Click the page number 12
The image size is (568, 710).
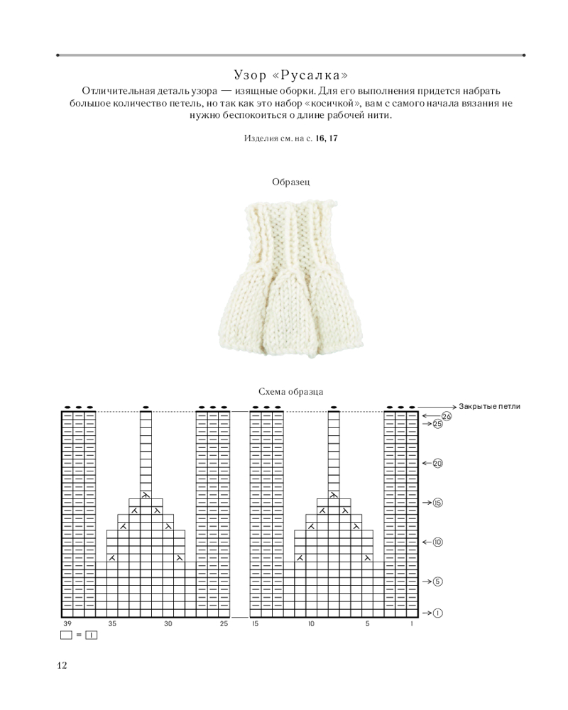point(61,665)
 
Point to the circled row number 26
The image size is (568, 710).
point(447,416)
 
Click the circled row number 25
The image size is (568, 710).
point(438,424)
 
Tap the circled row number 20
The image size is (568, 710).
point(438,463)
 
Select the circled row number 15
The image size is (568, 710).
point(438,503)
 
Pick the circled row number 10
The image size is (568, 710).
point(438,542)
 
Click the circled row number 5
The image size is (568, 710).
point(438,581)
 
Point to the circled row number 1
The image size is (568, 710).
point(438,613)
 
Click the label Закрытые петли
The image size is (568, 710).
point(489,406)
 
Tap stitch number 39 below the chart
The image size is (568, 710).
point(67,624)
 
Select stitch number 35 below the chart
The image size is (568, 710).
point(112,624)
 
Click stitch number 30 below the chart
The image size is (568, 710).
point(168,624)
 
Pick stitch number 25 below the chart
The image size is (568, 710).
point(224,624)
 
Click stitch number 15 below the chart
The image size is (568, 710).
point(255,624)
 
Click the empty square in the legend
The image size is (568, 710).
point(67,635)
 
